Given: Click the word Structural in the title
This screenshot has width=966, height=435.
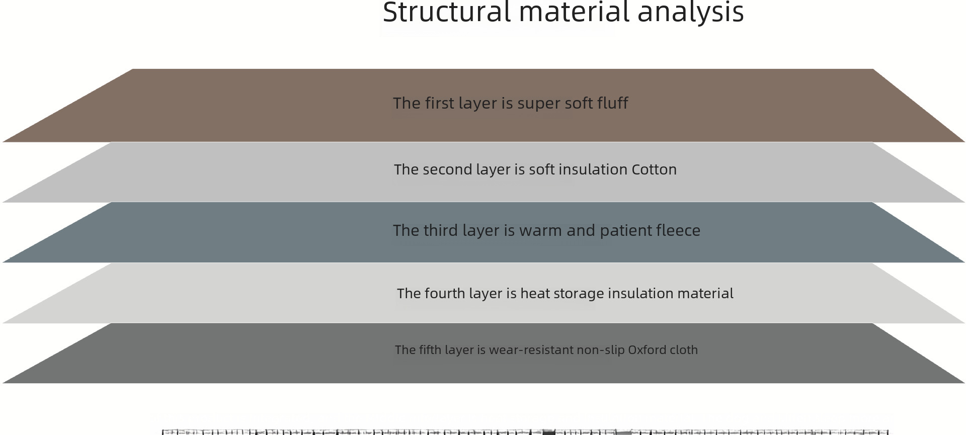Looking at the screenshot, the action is tap(447, 12).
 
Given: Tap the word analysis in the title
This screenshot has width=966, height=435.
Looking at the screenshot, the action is tap(690, 12).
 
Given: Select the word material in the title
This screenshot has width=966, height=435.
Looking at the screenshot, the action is tap(574, 12).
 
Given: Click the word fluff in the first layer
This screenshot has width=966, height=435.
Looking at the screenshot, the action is tap(612, 103).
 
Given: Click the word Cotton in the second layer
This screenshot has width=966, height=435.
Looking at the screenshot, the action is tap(654, 169).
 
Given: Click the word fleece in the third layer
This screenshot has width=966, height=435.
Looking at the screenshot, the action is tap(678, 230).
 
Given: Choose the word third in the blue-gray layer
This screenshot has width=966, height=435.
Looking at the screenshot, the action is tap(441, 230).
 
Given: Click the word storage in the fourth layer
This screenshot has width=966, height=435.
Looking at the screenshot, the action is tap(580, 294).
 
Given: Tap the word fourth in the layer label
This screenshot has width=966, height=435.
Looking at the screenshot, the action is tap(445, 294).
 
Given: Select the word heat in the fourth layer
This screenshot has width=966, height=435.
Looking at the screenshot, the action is tap(535, 294).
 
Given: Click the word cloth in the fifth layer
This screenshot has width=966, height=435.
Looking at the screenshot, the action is tap(683, 350).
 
